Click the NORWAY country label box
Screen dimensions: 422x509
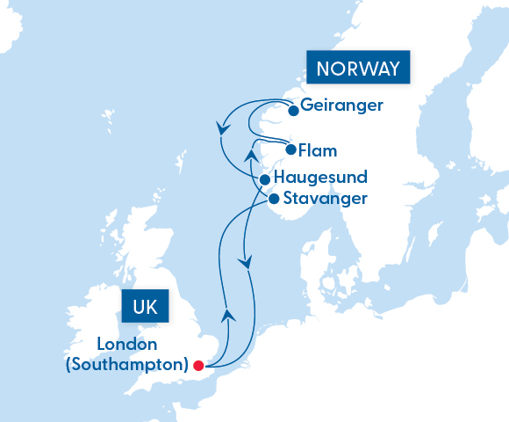[x=358, y=69]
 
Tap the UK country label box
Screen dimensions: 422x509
[x=145, y=308]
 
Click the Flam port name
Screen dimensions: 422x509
[x=318, y=149]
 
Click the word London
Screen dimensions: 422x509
[x=127, y=344]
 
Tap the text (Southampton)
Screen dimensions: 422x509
[x=127, y=363]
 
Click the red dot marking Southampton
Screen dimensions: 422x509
[x=198, y=366]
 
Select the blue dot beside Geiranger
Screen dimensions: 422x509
[x=293, y=111]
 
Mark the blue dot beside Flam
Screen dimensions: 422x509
[x=291, y=149]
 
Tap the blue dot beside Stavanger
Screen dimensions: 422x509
[x=273, y=199]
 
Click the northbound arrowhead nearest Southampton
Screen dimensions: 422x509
[x=227, y=313]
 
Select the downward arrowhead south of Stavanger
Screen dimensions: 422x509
[x=247, y=262]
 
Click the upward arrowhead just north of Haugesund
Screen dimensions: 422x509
[x=251, y=156]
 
